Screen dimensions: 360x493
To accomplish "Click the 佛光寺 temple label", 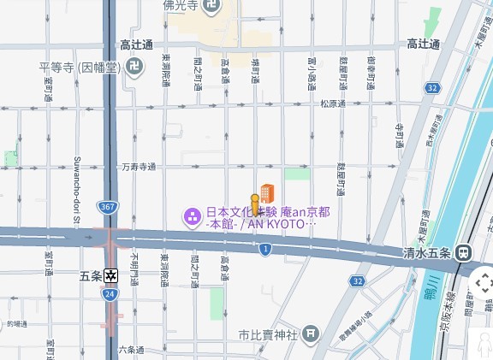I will (181, 6).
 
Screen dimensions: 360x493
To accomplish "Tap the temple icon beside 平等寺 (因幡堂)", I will (134, 65).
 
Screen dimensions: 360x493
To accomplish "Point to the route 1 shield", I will (266, 248).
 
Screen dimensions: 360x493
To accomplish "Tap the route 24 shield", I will (110, 293).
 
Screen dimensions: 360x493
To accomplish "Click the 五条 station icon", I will (110, 275).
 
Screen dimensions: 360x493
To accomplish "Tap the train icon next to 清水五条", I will (464, 252).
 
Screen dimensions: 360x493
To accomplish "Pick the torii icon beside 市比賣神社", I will (311, 333).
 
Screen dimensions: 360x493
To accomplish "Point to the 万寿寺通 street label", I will (139, 167).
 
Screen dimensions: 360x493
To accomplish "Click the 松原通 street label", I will (333, 104).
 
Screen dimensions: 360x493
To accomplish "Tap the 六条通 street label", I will (131, 349).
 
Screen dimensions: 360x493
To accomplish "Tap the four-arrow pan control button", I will (482, 282).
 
